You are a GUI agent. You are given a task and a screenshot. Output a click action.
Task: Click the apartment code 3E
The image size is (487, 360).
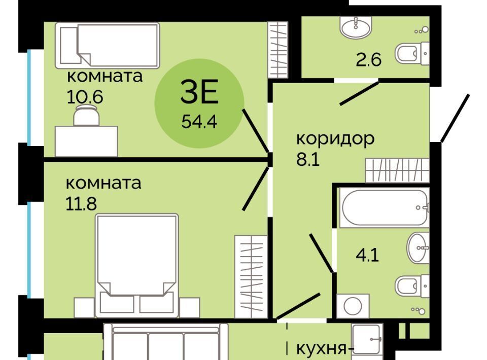[x=199, y=91]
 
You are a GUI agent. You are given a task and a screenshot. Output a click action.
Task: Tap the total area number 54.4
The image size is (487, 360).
[x=199, y=121]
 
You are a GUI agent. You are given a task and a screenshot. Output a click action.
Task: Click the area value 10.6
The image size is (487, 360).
[x=85, y=97]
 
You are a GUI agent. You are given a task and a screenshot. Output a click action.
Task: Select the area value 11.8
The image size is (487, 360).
[x=81, y=204]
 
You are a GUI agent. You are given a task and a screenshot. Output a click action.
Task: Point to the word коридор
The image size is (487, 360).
[x=335, y=139]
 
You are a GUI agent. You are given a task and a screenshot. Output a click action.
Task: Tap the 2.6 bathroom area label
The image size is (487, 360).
[x=368, y=60]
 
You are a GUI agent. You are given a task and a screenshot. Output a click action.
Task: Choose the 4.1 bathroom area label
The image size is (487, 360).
[x=367, y=256]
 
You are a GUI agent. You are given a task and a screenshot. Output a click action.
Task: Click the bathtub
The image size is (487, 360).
[x=385, y=207]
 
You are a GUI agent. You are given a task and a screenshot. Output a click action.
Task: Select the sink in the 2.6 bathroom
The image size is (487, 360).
[x=356, y=26]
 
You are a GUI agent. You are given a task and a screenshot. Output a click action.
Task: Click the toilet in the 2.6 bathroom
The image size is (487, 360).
[x=412, y=54]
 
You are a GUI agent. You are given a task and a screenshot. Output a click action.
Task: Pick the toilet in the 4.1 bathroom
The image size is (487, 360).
[x=412, y=286]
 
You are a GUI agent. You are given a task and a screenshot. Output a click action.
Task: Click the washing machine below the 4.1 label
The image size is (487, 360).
[x=353, y=306]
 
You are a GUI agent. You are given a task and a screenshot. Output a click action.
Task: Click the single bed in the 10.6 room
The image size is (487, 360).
[x=108, y=45]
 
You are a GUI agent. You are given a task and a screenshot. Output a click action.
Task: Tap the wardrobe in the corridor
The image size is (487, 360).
[x=398, y=170]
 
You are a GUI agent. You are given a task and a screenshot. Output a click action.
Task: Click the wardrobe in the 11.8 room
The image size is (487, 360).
[x=251, y=276]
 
